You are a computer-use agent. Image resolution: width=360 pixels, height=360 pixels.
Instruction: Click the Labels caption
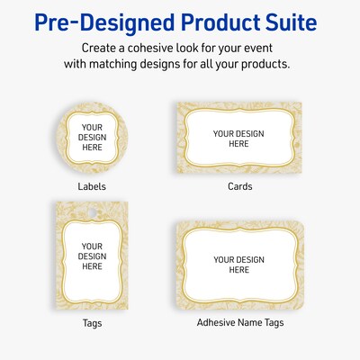click(92, 187)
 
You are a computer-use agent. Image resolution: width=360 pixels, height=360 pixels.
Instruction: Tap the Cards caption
click(240, 187)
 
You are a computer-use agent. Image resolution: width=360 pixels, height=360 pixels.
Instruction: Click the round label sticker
click(92, 139)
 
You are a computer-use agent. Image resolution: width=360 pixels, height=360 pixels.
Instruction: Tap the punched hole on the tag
click(92, 212)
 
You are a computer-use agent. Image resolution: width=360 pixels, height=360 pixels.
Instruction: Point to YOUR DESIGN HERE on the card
click(238, 139)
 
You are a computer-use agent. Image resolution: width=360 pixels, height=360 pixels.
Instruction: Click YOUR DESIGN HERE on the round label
click(92, 139)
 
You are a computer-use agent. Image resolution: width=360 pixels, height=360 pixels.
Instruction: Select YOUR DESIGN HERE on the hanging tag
click(92, 256)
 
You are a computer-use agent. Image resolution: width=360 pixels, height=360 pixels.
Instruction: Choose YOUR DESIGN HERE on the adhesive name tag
click(238, 265)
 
